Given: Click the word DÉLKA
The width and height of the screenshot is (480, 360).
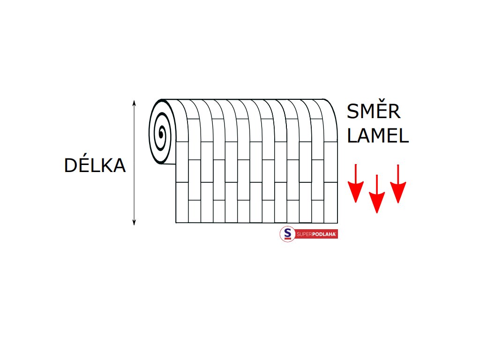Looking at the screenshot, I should [95, 165].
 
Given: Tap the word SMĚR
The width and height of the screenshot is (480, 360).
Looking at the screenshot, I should [374, 112].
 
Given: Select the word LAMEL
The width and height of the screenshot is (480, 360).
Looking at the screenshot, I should [378, 136].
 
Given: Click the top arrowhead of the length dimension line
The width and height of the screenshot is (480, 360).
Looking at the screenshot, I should [134, 102].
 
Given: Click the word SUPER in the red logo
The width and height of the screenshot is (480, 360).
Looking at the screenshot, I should [305, 234].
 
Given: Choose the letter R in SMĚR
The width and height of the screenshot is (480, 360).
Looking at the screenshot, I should [394, 112].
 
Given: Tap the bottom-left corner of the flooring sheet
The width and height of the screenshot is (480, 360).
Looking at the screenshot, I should [176, 222].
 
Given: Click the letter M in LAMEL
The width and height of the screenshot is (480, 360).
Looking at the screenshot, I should [378, 136].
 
